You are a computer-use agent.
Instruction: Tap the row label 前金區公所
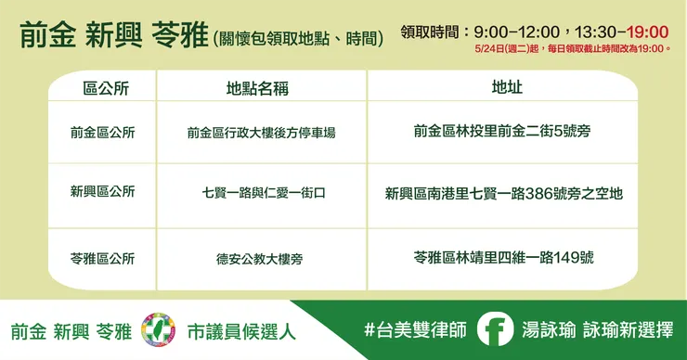click(102, 133)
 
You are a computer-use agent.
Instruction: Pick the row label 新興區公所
click(102, 192)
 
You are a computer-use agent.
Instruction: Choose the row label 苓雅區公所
click(102, 258)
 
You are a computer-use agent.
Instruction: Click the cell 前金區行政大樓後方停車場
click(261, 133)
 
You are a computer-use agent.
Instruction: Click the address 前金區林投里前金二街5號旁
click(502, 132)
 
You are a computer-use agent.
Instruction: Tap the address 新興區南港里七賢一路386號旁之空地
click(503, 193)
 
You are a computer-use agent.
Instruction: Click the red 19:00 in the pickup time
click(648, 32)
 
